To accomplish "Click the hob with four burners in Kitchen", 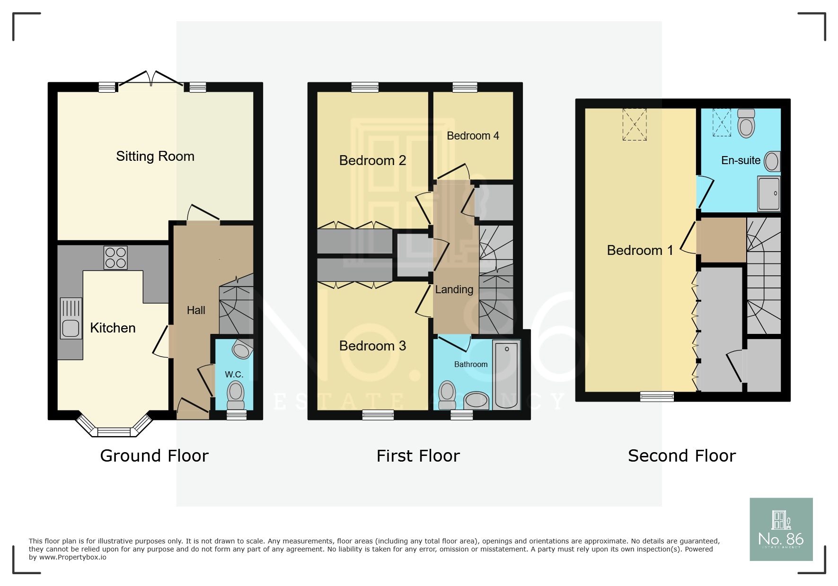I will click(x=115, y=258).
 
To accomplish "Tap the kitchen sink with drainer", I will click(x=71, y=318).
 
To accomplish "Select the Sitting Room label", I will click(x=155, y=157).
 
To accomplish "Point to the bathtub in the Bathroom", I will click(x=506, y=375).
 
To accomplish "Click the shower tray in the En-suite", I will click(x=768, y=193).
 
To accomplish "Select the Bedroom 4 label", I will click(x=473, y=136).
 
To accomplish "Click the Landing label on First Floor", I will click(x=454, y=289).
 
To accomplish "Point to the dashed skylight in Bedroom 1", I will click(x=634, y=124).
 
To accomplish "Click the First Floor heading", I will click(x=418, y=456).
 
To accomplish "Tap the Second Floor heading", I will click(x=681, y=456).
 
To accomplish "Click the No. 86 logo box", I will click(x=781, y=529).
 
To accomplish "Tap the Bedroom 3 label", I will click(x=372, y=346).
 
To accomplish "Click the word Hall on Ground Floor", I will click(x=196, y=311).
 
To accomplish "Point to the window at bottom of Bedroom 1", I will click(x=657, y=396).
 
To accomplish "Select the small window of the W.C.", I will click(x=236, y=415).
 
